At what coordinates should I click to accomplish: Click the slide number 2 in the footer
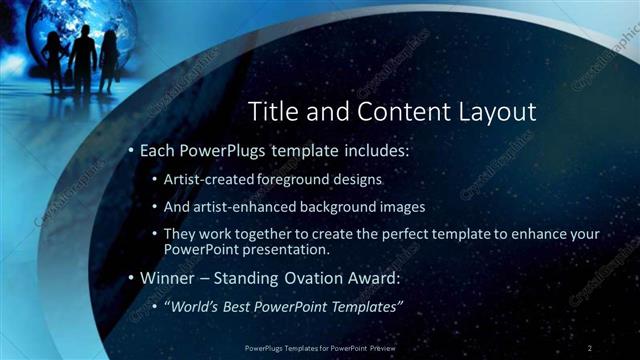click(591, 347)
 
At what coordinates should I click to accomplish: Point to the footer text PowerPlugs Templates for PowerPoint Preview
click(319, 347)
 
